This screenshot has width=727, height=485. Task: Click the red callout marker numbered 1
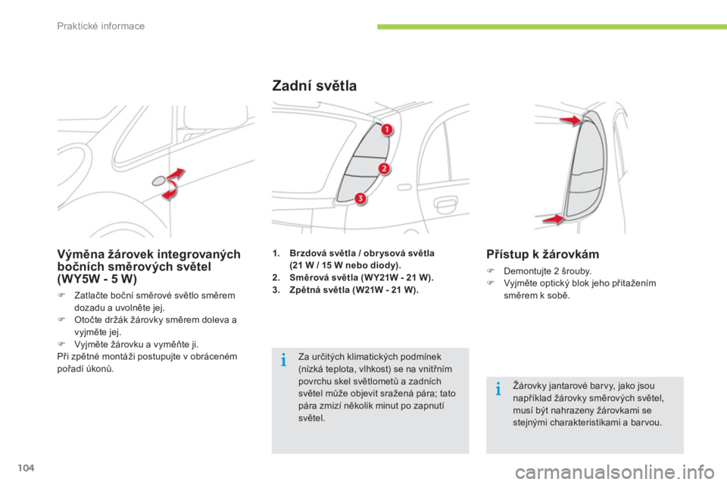tap(387, 130)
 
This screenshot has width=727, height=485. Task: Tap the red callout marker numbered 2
tap(384, 168)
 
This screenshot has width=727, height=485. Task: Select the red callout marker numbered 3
tap(360, 199)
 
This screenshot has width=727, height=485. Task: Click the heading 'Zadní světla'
tap(314, 86)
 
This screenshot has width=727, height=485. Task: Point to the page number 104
tap(27, 468)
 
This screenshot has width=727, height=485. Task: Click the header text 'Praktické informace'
tap(101, 26)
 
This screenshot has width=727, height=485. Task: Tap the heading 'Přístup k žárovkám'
tap(542, 254)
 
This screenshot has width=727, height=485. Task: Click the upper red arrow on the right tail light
tap(570, 120)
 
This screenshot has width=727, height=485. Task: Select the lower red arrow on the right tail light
tap(553, 219)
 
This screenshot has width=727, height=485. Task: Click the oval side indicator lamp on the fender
tap(158, 180)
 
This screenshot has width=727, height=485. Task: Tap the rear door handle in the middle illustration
tap(445, 203)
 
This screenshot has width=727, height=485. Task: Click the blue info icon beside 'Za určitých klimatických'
tap(284, 360)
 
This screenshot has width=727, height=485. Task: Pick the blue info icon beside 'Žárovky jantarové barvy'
tap(498, 389)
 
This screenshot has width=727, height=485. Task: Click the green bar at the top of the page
tap(552, 27)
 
